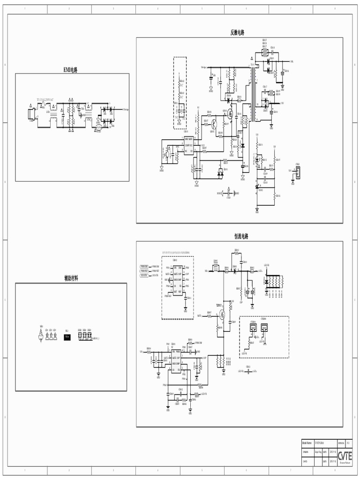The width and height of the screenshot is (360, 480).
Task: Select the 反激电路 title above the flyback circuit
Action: [x=237, y=32]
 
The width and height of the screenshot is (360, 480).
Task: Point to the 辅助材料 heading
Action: [x=71, y=278]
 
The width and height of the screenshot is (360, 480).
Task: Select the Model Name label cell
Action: [x=307, y=442]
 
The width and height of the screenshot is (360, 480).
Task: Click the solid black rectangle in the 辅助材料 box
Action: [x=67, y=337]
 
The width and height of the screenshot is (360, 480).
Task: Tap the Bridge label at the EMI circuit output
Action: [x=126, y=109]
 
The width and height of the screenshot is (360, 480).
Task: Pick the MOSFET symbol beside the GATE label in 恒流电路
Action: [x=223, y=315]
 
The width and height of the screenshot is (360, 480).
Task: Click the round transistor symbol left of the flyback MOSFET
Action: [x=214, y=124]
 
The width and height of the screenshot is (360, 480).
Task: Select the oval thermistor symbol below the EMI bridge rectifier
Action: [x=99, y=127]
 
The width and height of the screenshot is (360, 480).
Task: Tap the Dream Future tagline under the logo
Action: [x=345, y=462]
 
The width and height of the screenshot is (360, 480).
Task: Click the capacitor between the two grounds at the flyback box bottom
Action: [x=229, y=193]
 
